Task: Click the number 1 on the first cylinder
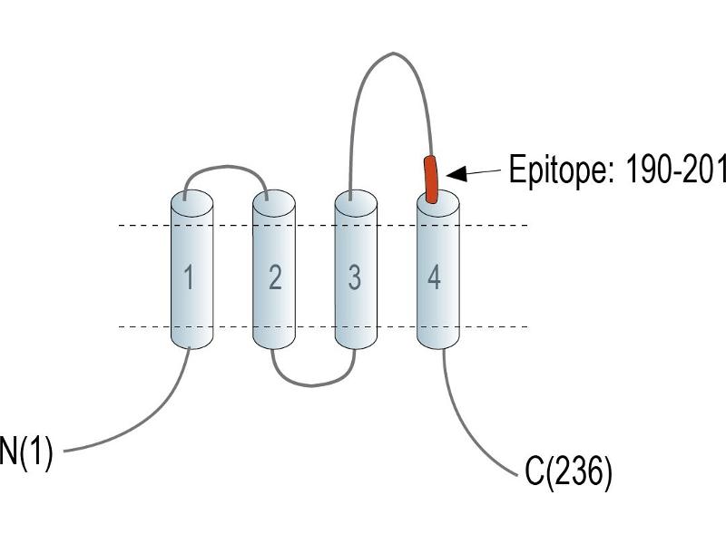click(189, 277)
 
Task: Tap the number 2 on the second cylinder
click(275, 277)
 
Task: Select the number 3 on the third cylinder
click(355, 277)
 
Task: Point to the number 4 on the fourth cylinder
click(434, 277)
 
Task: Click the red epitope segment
click(430, 180)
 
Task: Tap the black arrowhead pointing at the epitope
click(456, 174)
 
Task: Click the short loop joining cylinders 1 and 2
click(226, 167)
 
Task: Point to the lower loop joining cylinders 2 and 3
click(312, 384)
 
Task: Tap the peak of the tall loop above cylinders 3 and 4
click(393, 53)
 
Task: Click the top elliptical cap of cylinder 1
click(192, 203)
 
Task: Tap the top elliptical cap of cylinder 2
click(274, 203)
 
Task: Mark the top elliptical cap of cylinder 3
click(356, 203)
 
